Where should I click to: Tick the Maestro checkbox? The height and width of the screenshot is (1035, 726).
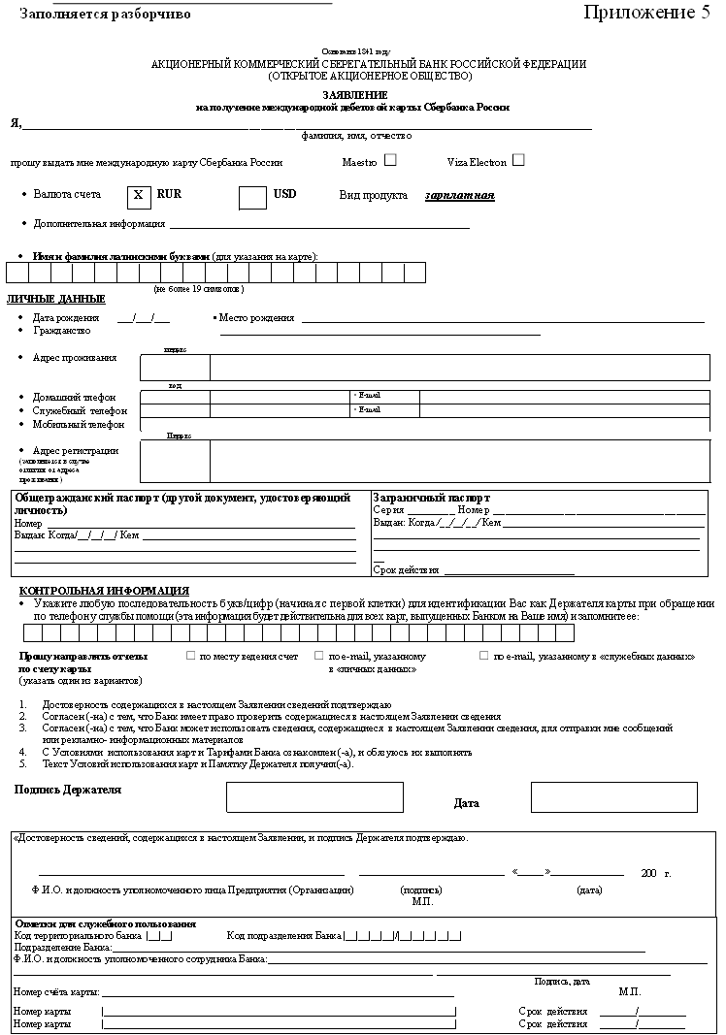coord(390,160)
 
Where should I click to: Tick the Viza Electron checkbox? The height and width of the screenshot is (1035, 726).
coord(518,160)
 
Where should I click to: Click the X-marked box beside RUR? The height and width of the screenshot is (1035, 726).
coord(138,195)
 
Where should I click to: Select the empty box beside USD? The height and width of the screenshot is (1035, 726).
coord(252,196)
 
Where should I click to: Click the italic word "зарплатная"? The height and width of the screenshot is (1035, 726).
coord(459,195)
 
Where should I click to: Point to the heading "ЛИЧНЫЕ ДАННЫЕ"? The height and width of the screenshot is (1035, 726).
coord(56,299)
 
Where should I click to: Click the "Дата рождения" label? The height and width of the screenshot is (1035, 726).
coord(66,318)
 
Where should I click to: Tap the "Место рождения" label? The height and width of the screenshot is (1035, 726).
coord(256,318)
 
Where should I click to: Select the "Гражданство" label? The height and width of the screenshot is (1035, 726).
coord(61,330)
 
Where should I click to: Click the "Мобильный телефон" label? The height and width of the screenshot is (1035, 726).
coord(79,424)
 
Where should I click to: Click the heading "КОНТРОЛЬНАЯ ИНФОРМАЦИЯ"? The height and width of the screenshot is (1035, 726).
coord(104,591)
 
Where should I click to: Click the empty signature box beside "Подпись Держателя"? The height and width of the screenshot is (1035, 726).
coord(314,797)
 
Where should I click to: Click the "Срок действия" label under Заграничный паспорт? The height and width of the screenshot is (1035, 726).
coord(406,570)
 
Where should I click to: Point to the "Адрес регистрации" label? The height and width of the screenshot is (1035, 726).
coord(76,451)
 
